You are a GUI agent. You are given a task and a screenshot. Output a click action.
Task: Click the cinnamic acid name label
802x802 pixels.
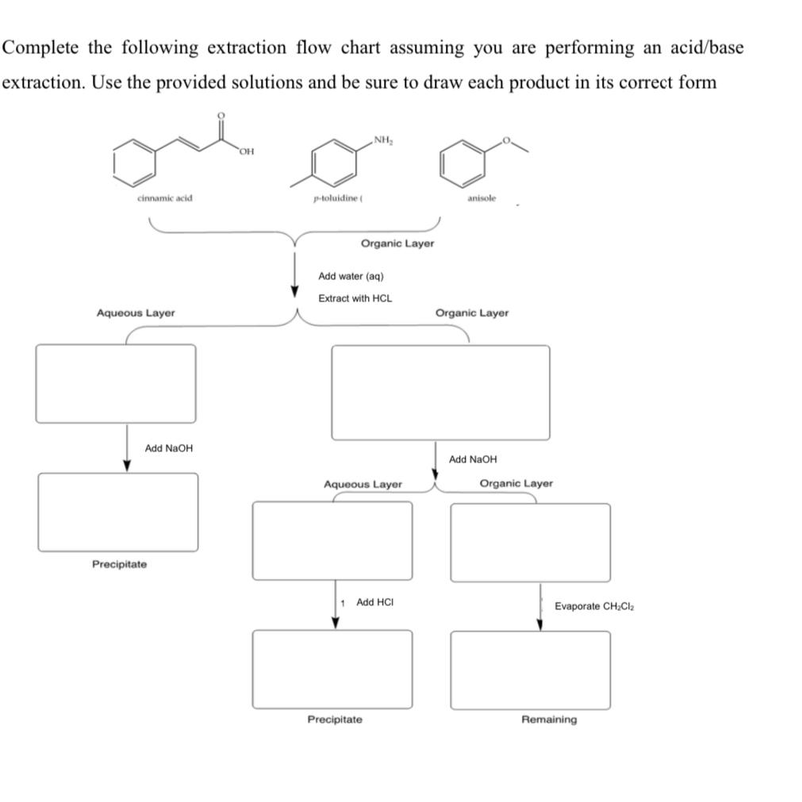[x=164, y=198]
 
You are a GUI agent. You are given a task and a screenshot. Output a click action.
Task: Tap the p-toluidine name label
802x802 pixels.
[x=337, y=198]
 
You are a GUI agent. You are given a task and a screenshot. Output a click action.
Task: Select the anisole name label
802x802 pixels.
[x=482, y=198]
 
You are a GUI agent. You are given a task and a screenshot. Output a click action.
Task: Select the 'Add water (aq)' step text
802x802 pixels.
[x=351, y=276]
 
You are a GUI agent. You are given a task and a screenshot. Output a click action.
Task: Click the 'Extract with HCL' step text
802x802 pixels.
[x=355, y=298]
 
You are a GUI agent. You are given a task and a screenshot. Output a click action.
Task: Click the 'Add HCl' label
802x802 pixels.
[x=374, y=603]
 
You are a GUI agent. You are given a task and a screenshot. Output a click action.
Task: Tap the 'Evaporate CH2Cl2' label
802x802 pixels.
[x=594, y=607]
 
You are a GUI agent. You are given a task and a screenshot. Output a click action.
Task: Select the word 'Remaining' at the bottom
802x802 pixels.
[x=549, y=719]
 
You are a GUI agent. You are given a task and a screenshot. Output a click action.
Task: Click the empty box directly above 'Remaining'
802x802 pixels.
[x=530, y=670]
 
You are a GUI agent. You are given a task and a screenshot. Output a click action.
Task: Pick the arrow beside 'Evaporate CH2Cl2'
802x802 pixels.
[x=540, y=608]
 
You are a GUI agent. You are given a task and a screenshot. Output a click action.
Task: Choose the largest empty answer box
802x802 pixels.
[x=440, y=392]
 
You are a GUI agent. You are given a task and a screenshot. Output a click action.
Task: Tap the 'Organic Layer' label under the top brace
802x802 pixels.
[x=397, y=244]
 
